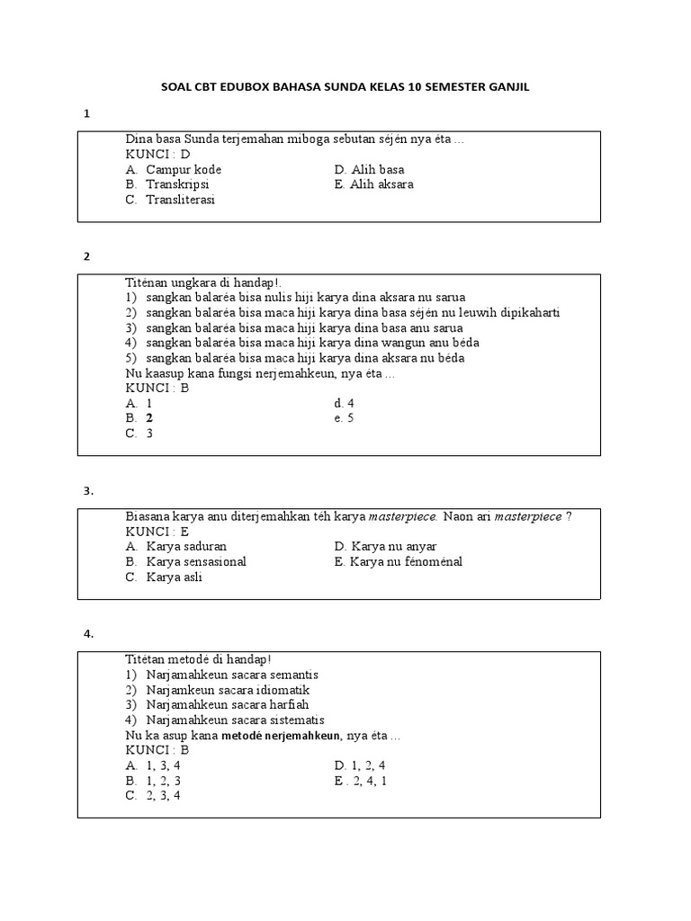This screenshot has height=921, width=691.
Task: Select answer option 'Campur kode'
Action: [x=184, y=169]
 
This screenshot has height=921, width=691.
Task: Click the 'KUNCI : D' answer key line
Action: [x=157, y=155]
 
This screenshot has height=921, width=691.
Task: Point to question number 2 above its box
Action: [x=87, y=255]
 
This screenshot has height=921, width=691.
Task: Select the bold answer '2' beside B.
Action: [x=150, y=418]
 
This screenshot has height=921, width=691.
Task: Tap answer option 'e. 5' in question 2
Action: [x=344, y=418]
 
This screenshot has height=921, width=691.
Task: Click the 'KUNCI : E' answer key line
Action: [x=157, y=532]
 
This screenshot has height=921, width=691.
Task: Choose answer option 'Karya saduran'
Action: [x=186, y=546]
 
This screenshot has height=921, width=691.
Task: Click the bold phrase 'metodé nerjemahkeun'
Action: [x=283, y=735]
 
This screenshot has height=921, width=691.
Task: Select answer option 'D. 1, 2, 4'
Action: [x=360, y=765]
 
